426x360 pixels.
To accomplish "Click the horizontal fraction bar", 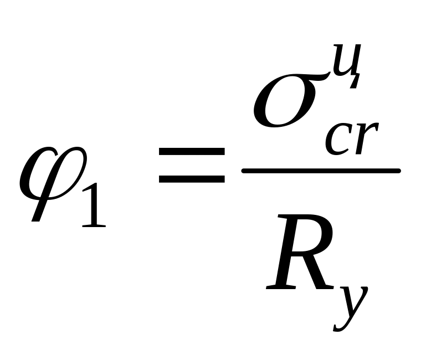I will [321, 171].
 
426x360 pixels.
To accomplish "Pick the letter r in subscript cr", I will [365, 138].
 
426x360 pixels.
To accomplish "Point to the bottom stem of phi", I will [38, 213].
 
